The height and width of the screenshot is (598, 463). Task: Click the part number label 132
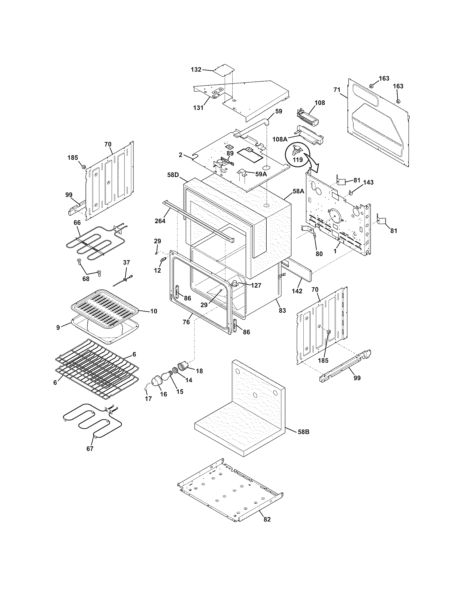click(196, 70)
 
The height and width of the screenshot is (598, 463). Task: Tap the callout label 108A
click(280, 139)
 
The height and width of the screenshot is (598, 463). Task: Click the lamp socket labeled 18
click(184, 366)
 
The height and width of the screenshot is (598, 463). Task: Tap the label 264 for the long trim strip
click(160, 221)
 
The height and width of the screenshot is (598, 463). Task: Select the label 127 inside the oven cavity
click(256, 285)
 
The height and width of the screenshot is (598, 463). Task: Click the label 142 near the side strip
click(297, 291)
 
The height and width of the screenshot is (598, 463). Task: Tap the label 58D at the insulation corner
click(173, 175)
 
